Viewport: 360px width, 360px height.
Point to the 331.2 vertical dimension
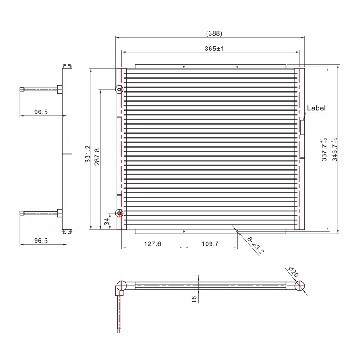coord(88,154)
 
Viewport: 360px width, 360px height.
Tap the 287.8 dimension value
coord(97,156)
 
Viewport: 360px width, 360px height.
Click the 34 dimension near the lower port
coord(106,221)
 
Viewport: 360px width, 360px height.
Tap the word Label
coord(316,108)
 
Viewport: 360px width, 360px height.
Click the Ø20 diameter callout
coord(293,272)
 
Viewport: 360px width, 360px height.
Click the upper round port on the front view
coord(119,90)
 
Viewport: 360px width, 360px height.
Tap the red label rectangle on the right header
coord(302,126)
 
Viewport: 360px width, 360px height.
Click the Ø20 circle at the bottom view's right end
coord(301,285)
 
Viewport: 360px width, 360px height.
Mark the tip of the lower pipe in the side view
coord(22,213)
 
